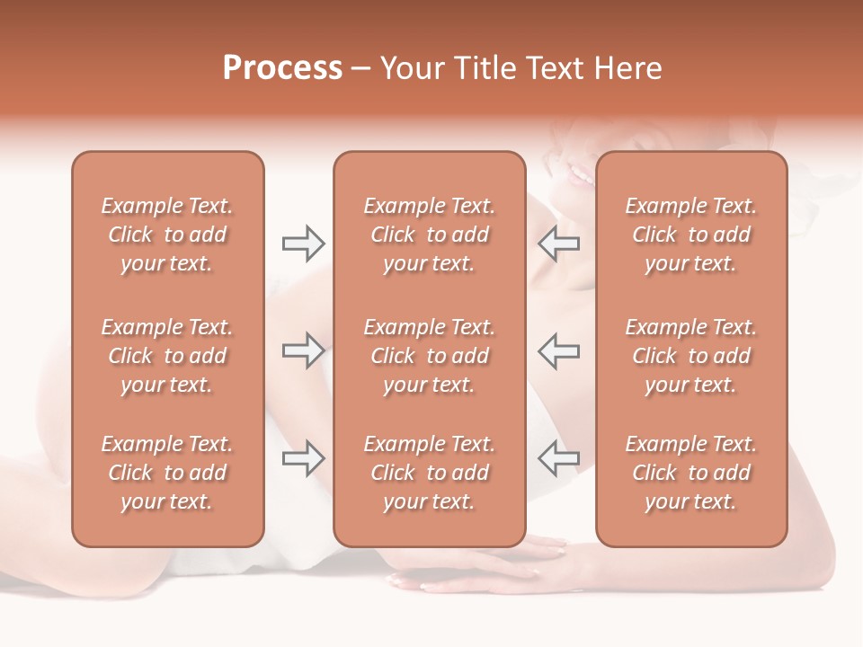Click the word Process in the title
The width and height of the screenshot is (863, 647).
[x=282, y=68]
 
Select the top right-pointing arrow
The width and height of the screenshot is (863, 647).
[x=303, y=243]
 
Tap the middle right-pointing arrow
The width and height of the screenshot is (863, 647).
[x=303, y=350]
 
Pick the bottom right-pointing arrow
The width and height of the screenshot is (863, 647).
[x=303, y=458]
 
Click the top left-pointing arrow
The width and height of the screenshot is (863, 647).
[x=558, y=243]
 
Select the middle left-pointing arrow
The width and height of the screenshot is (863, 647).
[x=558, y=350]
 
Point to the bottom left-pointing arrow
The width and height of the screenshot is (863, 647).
[x=558, y=458]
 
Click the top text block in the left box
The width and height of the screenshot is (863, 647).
[x=167, y=235]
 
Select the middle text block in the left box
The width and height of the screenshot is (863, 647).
[x=167, y=356]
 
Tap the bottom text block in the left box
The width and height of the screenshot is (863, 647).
[x=167, y=473]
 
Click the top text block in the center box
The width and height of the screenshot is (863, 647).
[x=429, y=235]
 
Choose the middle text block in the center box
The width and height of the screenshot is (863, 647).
[x=429, y=356]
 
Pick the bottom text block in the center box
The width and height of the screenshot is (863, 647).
[x=429, y=473]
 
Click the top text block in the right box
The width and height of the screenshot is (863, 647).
[x=690, y=235]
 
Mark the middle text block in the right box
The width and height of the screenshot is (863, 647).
[x=690, y=356]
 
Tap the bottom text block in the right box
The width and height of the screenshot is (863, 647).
[x=690, y=473]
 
